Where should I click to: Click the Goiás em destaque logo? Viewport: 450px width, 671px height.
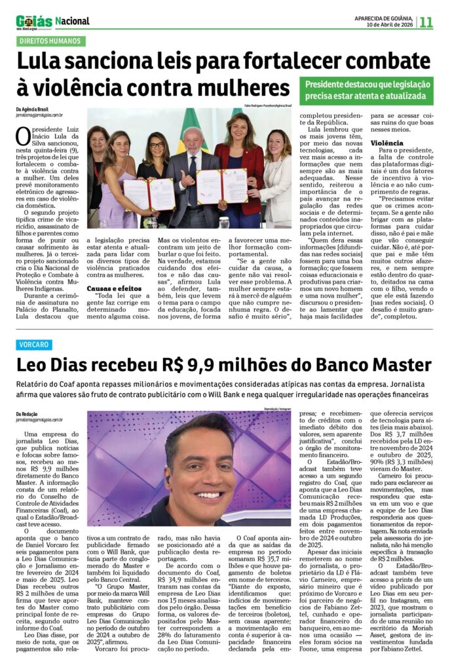(34, 22)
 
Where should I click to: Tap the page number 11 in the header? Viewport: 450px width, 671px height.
(426, 22)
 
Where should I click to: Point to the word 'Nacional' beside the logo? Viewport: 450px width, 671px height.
(72, 21)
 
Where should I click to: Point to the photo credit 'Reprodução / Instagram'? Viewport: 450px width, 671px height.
(276, 408)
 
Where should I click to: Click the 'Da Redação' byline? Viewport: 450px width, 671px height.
(28, 413)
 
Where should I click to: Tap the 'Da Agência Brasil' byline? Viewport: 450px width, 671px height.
(32, 109)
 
